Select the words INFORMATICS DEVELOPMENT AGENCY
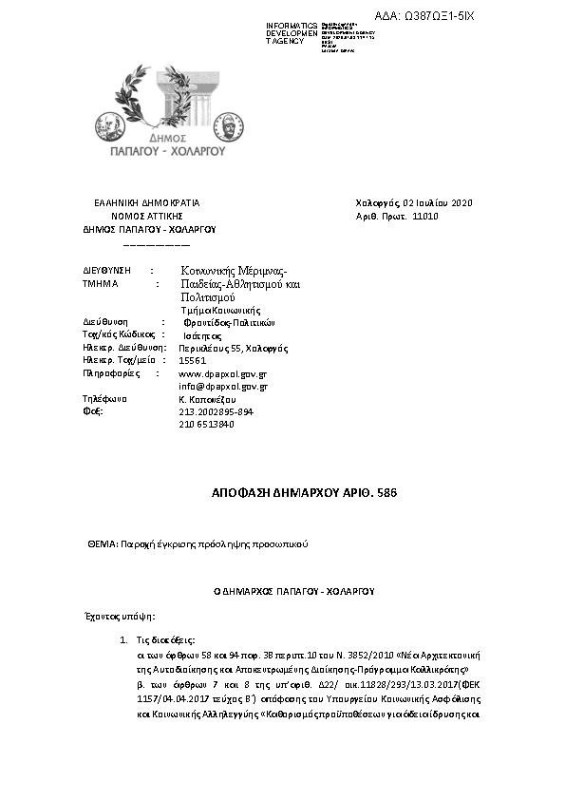(x=292, y=33)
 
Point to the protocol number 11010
(x=425, y=217)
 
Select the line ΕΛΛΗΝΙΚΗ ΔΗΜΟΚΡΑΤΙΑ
(x=146, y=203)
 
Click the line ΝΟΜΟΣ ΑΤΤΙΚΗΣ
(x=146, y=217)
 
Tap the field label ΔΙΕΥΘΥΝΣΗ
(x=106, y=271)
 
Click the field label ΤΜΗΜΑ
(x=101, y=284)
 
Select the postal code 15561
(x=193, y=361)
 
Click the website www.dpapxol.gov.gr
(x=222, y=374)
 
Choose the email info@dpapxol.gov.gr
(x=222, y=387)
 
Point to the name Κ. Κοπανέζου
(x=207, y=400)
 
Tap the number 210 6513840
(x=206, y=424)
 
